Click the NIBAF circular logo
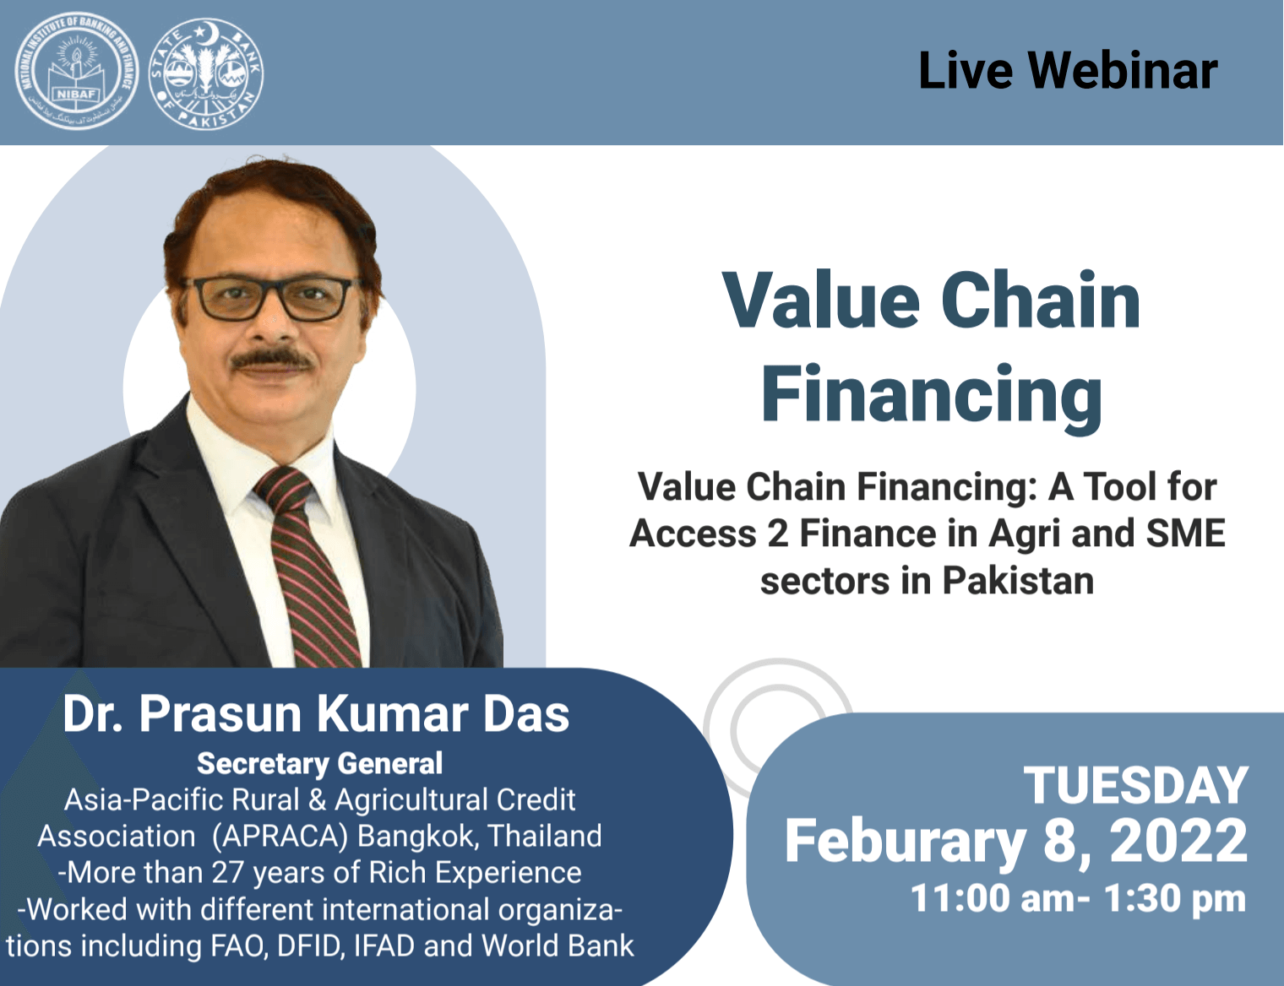(x=76, y=73)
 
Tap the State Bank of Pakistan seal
(x=205, y=74)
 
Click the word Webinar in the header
(x=1123, y=71)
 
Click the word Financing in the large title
(x=932, y=394)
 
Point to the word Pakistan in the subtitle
(x=1018, y=581)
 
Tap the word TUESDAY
(x=1135, y=786)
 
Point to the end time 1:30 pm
(x=1175, y=898)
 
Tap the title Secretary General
(x=319, y=763)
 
